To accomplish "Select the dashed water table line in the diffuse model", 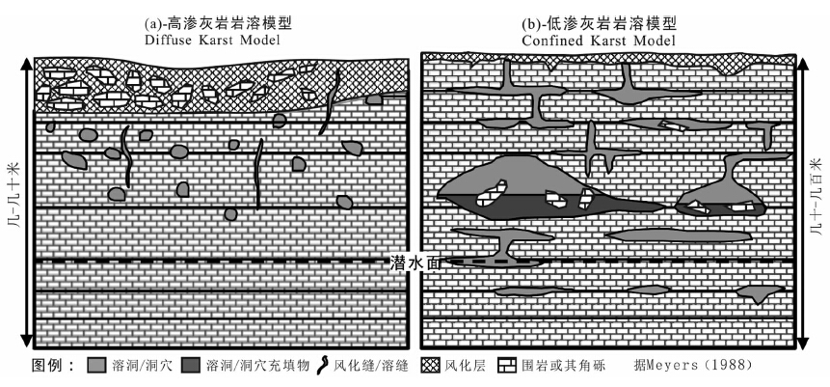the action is pos(193,262).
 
